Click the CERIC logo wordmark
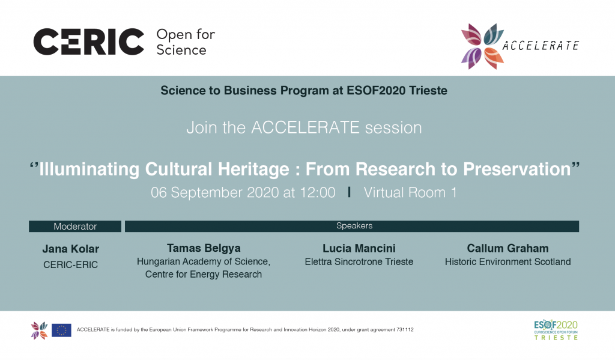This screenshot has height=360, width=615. pyautogui.click(x=89, y=41)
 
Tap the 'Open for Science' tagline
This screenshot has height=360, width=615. pyautogui.click(x=186, y=42)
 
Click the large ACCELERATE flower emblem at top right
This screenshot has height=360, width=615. pyautogui.click(x=482, y=46)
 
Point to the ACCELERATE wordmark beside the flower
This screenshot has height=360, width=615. pyautogui.click(x=541, y=46)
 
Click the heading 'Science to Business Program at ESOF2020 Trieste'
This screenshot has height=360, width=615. pyautogui.click(x=304, y=91)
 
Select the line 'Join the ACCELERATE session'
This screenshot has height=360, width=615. pyautogui.click(x=304, y=127)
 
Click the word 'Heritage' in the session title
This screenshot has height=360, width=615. pyautogui.click(x=253, y=169)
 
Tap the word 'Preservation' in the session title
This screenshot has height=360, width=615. pyautogui.click(x=517, y=169)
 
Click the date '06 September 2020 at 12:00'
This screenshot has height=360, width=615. pyautogui.click(x=243, y=192)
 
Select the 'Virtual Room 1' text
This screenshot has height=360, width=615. pyautogui.click(x=410, y=192)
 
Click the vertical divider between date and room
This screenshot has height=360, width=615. pyautogui.click(x=349, y=192)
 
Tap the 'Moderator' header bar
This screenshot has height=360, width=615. pyautogui.click(x=75, y=226)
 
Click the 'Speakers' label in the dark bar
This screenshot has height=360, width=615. pyautogui.click(x=354, y=226)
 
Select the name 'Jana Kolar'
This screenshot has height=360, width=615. pyautogui.click(x=71, y=249)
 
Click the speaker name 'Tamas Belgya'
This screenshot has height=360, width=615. pyautogui.click(x=204, y=248)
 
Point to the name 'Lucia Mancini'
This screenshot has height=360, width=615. pyautogui.click(x=359, y=248)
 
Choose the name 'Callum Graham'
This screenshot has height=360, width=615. pyautogui.click(x=507, y=248)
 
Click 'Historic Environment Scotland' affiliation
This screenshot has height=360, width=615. pyautogui.click(x=507, y=262)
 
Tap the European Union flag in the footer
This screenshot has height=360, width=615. pyautogui.click(x=62, y=330)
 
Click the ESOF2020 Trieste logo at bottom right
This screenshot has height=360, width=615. pyautogui.click(x=556, y=330)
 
